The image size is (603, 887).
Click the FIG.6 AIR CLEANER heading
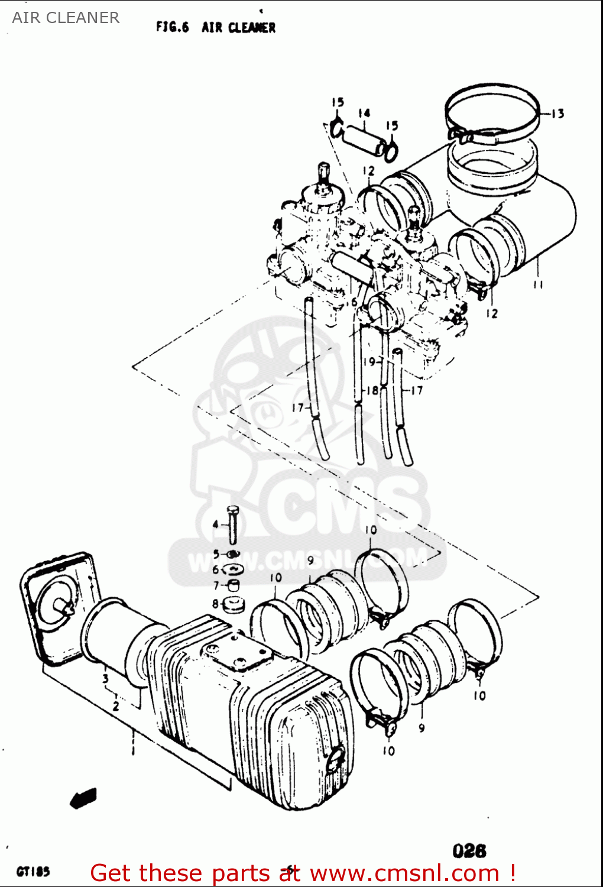pos(216,27)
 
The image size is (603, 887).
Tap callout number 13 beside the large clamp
pos(557,114)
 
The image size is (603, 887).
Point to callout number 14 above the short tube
pos(364,113)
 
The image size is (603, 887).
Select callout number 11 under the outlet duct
pos(537,285)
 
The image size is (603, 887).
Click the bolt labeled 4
pos(232,525)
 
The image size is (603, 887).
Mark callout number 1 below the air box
pos(133,750)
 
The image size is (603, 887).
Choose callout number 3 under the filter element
pos(105,679)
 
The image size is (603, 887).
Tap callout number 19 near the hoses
pos(369,361)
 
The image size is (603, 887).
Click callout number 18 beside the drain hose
pos(372,390)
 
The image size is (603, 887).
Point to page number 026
pos(469,851)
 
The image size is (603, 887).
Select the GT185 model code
pos(33,872)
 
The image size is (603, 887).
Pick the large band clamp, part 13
pos(492,115)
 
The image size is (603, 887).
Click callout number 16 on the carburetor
pos(354,302)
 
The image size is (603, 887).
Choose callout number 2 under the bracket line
pos(116,706)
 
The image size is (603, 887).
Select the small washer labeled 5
pos(233,554)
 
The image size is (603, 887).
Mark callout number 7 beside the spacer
pos(216,585)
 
